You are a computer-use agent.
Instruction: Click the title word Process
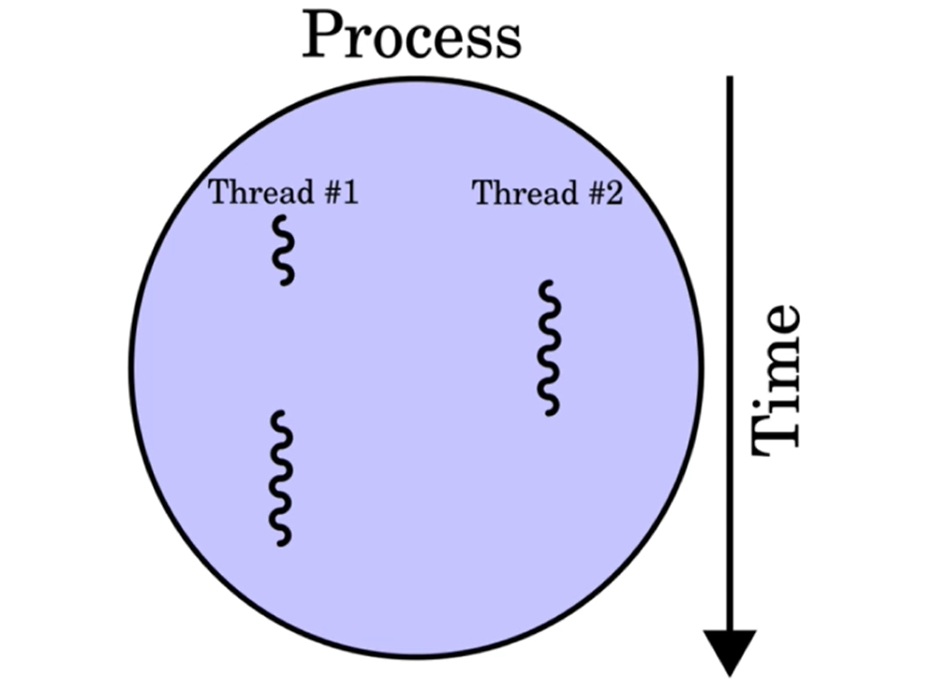pyautogui.click(x=410, y=36)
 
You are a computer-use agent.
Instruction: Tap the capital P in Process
pyautogui.click(x=320, y=36)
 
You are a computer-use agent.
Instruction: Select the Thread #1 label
pyautogui.click(x=283, y=193)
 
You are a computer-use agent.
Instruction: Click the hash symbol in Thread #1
pyautogui.click(x=330, y=194)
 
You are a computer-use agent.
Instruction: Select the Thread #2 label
pyautogui.click(x=547, y=194)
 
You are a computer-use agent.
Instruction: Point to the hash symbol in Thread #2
pyautogui.click(x=594, y=195)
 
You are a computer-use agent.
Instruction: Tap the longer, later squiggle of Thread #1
pyautogui.click(x=280, y=478)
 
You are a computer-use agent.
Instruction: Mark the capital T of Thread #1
pyautogui.click(x=218, y=193)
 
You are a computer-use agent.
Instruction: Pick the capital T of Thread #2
pyautogui.click(x=482, y=194)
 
